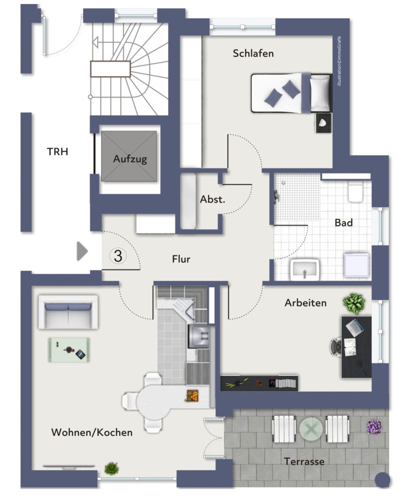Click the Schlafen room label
[253, 53]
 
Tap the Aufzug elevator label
[130, 159]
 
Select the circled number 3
[118, 256]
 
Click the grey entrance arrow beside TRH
[82, 251]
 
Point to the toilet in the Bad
[356, 192]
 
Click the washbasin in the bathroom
[304, 269]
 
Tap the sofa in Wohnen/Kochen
[68, 312]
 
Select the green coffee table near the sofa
[69, 350]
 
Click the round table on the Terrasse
[311, 429]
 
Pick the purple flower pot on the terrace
[374, 427]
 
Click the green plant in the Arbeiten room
[354, 303]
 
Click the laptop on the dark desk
[355, 327]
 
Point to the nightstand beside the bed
[324, 123]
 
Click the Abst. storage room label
[212, 199]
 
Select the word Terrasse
[304, 461]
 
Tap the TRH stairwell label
[57, 152]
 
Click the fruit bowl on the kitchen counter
[192, 396]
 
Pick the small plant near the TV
[111, 468]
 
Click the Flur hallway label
[181, 259]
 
